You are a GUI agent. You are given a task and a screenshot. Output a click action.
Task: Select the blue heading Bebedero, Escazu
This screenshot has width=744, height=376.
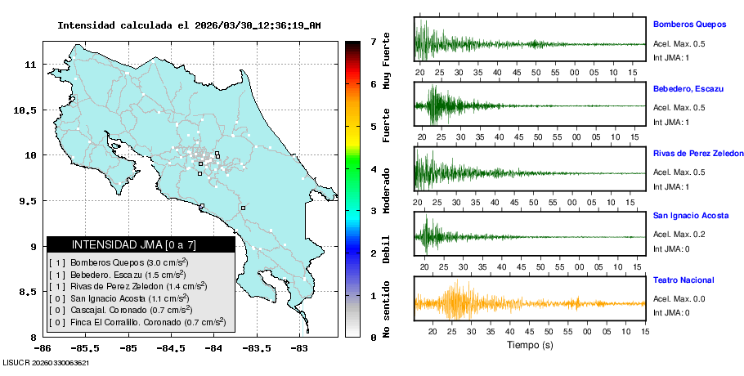pos(683,88)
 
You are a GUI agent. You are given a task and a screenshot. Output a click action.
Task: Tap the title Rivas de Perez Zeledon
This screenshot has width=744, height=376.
pos(698,153)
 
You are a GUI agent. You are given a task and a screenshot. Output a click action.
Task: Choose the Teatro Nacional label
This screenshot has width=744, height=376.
pos(683,280)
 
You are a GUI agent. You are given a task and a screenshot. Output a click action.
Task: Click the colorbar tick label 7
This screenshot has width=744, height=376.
pos(373,41)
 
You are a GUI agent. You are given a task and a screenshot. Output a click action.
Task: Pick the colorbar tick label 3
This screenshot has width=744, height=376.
pos(373,211)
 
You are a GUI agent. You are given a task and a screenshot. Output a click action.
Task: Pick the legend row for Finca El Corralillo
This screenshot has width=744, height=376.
pos(137,322)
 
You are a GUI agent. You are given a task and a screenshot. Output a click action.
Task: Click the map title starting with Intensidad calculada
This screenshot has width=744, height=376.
pos(189,25)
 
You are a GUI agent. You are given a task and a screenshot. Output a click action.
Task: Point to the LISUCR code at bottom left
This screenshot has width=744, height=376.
pos(46,362)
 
